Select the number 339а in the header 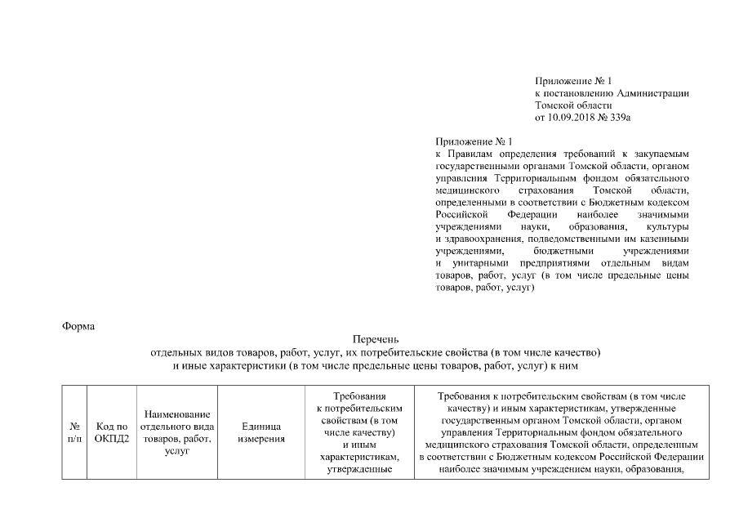tap(621, 118)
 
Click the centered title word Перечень tap(376, 339)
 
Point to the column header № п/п tap(74, 432)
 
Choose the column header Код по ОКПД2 tap(112, 432)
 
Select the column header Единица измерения tap(261, 432)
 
